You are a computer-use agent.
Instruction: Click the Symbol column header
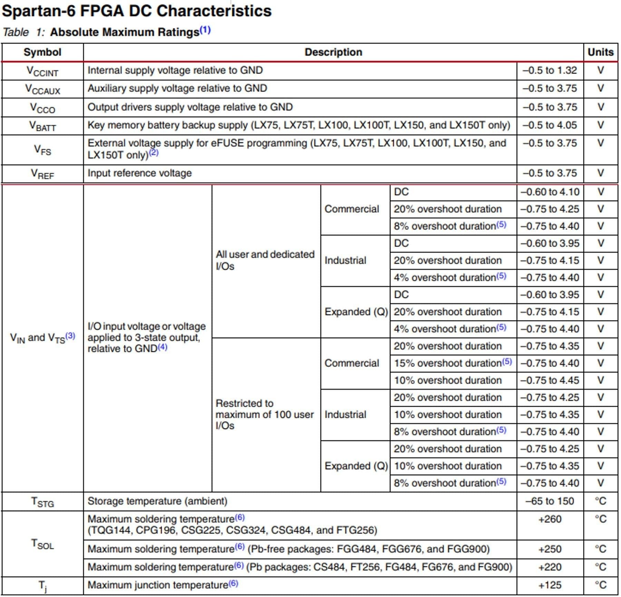coord(42,52)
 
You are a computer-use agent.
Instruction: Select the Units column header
coord(600,52)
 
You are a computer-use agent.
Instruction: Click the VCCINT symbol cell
coord(42,71)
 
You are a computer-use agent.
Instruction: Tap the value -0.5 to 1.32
coord(550,70)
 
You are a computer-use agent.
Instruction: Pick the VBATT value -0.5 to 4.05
coord(550,125)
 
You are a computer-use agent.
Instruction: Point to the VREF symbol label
coord(42,174)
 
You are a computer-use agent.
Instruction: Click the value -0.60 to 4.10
coord(550,192)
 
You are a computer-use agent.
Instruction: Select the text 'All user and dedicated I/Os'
coord(265,260)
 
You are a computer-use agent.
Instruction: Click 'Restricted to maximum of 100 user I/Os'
coord(264,414)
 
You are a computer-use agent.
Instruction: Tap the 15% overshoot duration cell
coord(453,363)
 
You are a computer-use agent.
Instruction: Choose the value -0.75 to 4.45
coord(550,380)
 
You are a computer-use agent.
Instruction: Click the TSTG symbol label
coord(42,502)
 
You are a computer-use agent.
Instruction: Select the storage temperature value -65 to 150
coord(550,501)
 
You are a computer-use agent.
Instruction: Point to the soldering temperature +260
coord(550,519)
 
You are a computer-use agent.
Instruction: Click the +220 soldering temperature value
coord(550,567)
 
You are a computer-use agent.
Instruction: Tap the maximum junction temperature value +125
coord(550,585)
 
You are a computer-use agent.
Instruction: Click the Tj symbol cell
coord(42,586)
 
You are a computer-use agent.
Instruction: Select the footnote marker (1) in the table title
coord(205,30)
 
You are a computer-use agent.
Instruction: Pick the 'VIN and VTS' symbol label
coord(42,338)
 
